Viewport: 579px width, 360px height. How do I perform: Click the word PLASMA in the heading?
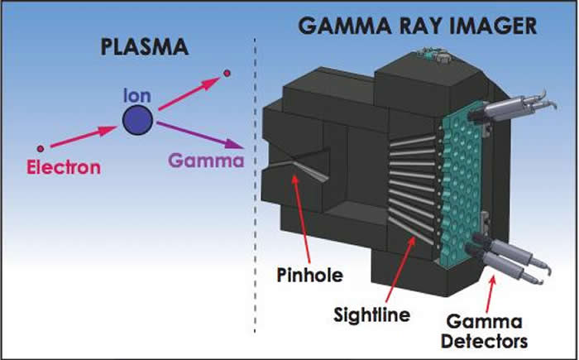click(144, 47)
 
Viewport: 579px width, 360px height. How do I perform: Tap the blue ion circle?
click(136, 122)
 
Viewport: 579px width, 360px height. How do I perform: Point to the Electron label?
click(63, 167)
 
